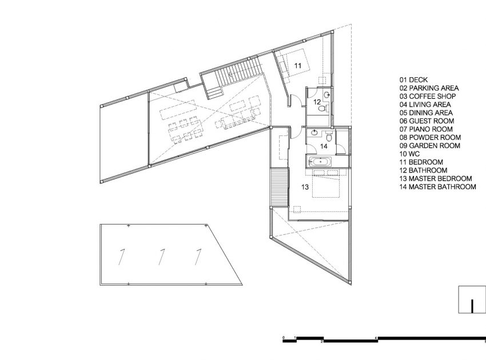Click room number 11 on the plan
(x=297, y=66)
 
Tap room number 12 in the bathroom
(x=317, y=102)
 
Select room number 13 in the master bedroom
(x=305, y=187)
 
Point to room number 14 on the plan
(x=324, y=146)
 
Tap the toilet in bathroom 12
(x=324, y=108)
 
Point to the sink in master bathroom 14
(x=314, y=133)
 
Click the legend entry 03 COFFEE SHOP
(x=428, y=97)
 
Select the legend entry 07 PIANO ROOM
(x=426, y=129)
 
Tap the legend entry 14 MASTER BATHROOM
(x=437, y=187)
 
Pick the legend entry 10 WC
(x=409, y=154)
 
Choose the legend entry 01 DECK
(x=413, y=80)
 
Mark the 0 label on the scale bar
(x=283, y=337)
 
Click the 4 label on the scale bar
(x=376, y=337)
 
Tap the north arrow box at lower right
(x=472, y=299)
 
